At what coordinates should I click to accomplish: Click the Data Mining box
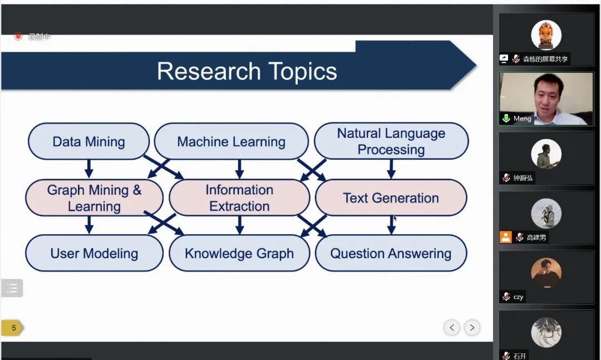click(x=88, y=141)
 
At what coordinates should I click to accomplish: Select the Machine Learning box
click(x=231, y=141)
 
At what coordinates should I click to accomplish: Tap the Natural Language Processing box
click(x=391, y=141)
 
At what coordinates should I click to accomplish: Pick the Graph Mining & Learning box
click(x=94, y=198)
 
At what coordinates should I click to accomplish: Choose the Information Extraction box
click(x=239, y=198)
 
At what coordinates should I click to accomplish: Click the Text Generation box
click(x=391, y=198)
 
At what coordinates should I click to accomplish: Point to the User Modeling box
click(x=94, y=253)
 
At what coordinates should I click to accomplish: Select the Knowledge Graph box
click(x=239, y=253)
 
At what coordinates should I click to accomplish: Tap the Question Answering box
click(x=391, y=253)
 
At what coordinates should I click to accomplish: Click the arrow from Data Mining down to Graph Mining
click(x=88, y=169)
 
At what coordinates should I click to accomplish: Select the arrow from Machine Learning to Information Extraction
click(x=239, y=169)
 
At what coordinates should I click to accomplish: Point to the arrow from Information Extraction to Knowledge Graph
click(x=239, y=225)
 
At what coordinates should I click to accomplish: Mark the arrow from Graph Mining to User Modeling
click(x=89, y=225)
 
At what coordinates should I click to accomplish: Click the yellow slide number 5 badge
click(x=13, y=328)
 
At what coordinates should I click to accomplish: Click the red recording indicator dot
click(x=18, y=37)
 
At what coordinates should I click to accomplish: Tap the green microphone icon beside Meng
click(x=506, y=119)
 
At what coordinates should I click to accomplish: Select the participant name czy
click(x=518, y=297)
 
